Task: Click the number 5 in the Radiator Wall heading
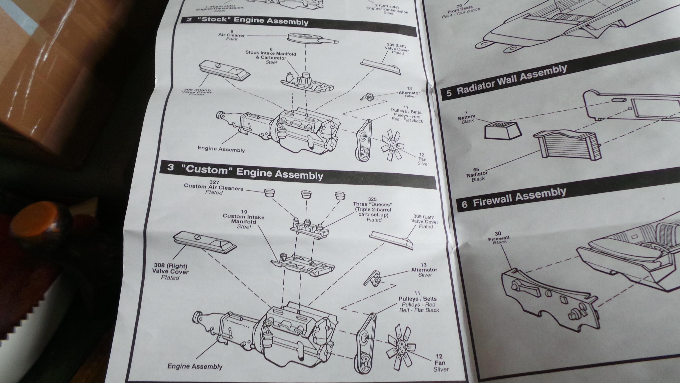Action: (x=449, y=93)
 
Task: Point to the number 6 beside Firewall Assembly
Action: (x=464, y=204)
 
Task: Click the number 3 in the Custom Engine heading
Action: (x=171, y=168)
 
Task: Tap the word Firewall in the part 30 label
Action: (x=498, y=238)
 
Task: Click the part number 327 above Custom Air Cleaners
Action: (x=214, y=182)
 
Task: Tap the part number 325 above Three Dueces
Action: (x=372, y=199)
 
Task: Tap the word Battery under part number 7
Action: (x=466, y=117)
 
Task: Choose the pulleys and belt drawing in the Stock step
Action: (x=363, y=140)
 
